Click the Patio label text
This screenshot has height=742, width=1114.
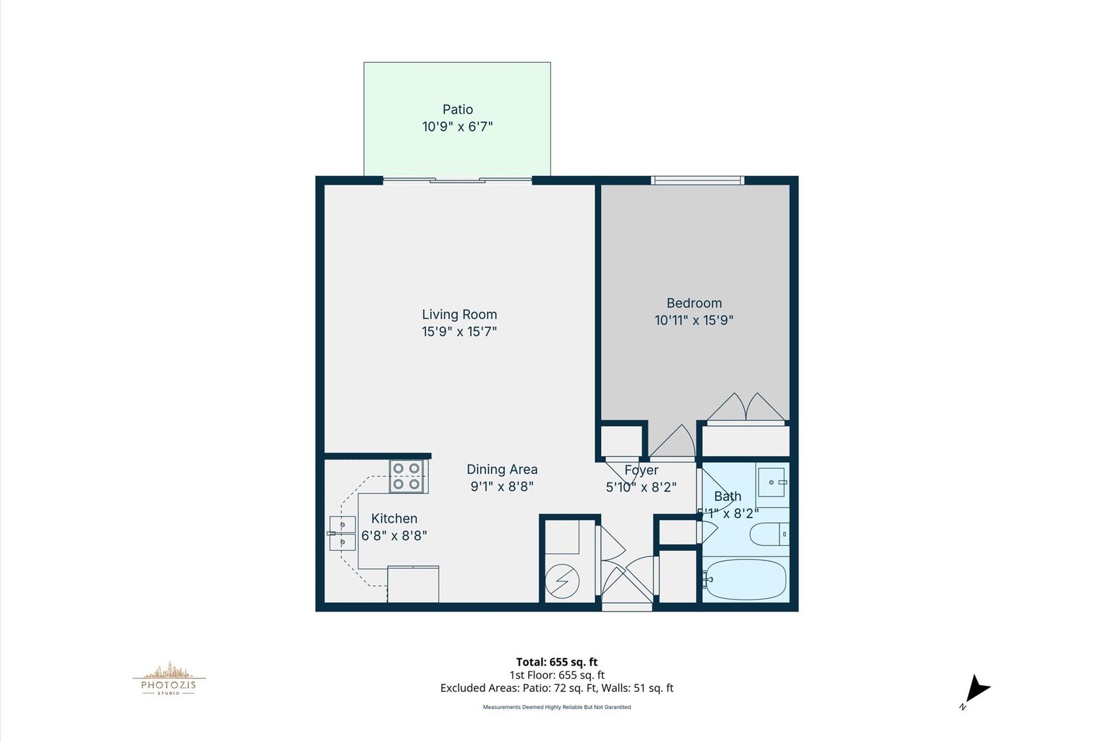457,109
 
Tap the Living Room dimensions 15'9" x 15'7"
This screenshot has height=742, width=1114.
459,332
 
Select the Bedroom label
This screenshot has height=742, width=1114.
694,303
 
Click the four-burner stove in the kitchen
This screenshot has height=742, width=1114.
406,476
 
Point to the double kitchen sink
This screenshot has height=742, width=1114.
342,533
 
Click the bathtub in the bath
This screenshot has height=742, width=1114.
745,579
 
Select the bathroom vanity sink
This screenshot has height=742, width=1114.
772,484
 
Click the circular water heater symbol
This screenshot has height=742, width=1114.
562,581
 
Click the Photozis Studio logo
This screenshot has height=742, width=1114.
168,679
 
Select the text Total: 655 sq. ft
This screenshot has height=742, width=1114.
556,662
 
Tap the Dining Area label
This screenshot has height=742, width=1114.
502,469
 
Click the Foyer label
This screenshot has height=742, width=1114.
641,471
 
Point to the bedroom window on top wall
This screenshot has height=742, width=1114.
697,181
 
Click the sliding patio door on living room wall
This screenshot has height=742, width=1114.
457,181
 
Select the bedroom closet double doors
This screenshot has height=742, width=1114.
745,408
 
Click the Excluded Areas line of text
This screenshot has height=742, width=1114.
556,688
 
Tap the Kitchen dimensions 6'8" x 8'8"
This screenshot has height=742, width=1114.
394,536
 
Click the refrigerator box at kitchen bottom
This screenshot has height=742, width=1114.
413,584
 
